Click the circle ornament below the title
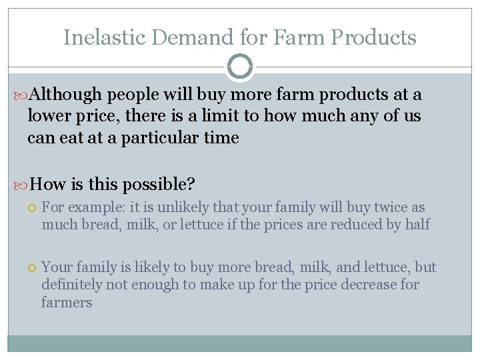pyautogui.click(x=240, y=67)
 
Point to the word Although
pyautogui.click(x=66, y=95)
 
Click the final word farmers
pyautogui.click(x=67, y=302)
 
